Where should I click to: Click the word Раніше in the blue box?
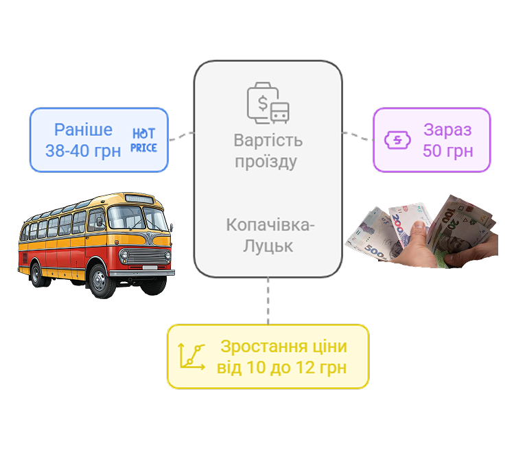pos(83,130)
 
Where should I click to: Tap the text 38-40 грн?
pos(83,151)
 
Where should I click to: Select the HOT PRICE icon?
pos(143,140)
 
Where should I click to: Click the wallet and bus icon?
pos(268,103)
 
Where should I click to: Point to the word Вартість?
pos(268,140)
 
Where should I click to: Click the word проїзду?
pos(266,162)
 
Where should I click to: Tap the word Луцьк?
pos(268,246)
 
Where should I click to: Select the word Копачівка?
pos(268,224)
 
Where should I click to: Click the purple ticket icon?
pos(397,140)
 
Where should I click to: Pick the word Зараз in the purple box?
pos(447,130)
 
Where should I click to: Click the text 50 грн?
pos(447,151)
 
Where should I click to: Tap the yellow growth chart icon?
pos(192,357)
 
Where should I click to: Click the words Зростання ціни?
pos(283,346)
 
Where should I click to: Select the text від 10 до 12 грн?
pos(281,367)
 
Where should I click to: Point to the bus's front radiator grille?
pos(146,257)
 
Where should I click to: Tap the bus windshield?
pos(138,218)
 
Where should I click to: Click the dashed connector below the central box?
pos(268,301)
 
